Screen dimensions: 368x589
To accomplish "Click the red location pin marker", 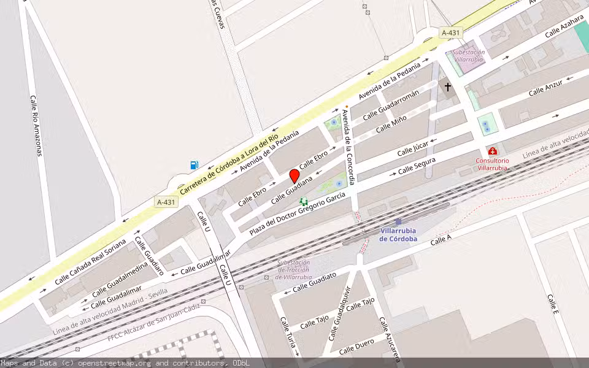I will pos(294,176).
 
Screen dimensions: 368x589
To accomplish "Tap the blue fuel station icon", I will pos(194,164).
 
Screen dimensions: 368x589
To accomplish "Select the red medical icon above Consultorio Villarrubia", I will pos(492,151).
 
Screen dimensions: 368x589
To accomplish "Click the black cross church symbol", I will pos(448,87).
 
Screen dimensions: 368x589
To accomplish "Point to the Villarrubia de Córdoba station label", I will pos(399,234).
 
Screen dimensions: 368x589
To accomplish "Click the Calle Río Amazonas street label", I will pos(36,125).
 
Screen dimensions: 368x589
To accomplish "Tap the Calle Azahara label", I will pos(563,27).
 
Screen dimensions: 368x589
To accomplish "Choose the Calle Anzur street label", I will pos(545,88).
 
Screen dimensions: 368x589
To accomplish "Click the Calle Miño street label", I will pos(391,124).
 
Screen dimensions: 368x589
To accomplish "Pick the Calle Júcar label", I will pos(412,148).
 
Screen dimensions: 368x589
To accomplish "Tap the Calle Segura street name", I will pos(417,166).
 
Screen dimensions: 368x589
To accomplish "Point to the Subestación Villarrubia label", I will pos(469,56).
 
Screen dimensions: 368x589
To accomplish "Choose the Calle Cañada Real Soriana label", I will pos(90,262).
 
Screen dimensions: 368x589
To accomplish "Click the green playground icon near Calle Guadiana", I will pos(303,201).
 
